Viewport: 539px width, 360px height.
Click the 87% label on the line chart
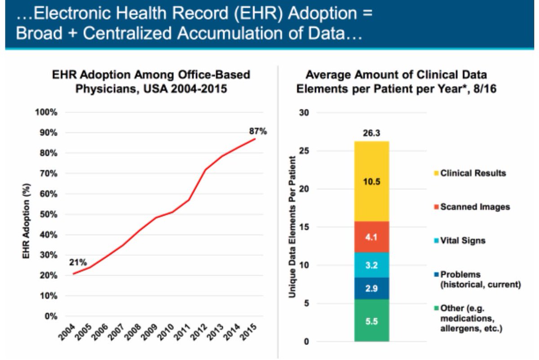tap(258, 132)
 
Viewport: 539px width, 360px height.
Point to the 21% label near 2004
tap(78, 263)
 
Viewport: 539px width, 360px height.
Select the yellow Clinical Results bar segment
tap(371, 181)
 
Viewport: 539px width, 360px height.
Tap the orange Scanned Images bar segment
tap(371, 237)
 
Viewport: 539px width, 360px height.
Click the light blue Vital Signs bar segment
tap(371, 265)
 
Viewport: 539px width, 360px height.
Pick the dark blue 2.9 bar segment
tap(371, 288)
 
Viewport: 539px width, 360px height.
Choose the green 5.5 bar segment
tap(371, 320)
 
